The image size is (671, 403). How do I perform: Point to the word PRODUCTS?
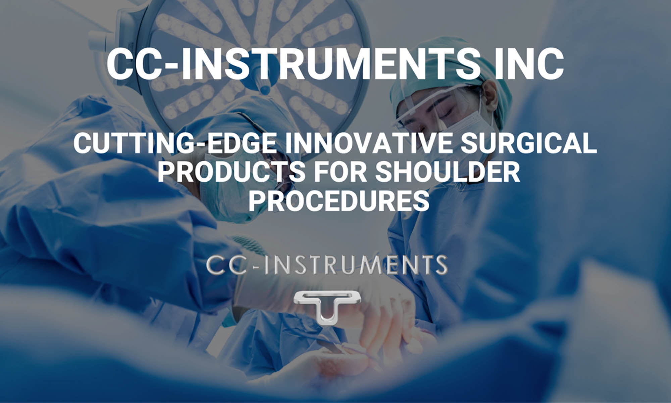[231, 172]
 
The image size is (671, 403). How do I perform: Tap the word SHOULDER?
[447, 172]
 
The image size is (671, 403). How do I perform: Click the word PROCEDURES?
[339, 201]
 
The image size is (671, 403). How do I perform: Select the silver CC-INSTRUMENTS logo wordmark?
[326, 265]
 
